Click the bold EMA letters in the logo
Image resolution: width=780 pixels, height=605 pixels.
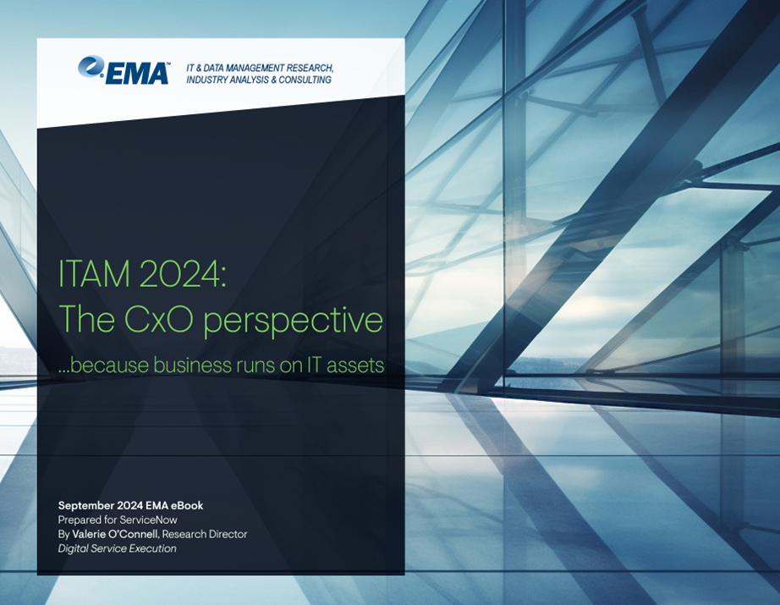pos(137,74)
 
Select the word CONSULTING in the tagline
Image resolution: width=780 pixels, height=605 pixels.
pos(305,80)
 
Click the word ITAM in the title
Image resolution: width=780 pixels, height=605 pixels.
pos(94,273)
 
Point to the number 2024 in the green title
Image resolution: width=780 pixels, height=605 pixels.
pos(183,273)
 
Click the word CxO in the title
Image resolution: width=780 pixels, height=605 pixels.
pos(158,319)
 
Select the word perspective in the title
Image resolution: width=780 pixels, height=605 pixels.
pos(293,322)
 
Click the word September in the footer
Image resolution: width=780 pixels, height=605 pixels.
pos(86,506)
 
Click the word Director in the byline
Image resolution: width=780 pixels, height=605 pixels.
pos(228,535)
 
